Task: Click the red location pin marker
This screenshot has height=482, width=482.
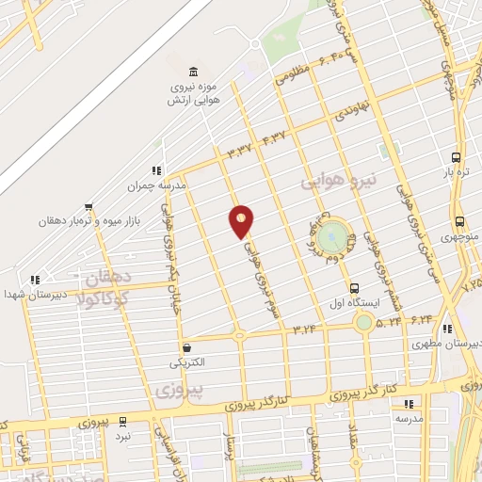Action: (x=241, y=222)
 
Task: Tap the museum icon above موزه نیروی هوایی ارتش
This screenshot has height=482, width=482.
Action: (x=194, y=72)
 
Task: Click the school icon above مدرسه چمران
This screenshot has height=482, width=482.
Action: (x=156, y=170)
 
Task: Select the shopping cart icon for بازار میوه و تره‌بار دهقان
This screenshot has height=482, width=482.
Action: (x=88, y=206)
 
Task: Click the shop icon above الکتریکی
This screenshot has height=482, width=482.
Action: (x=186, y=346)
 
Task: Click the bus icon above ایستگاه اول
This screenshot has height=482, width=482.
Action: (x=354, y=288)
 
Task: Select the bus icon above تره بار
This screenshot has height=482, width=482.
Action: (x=457, y=158)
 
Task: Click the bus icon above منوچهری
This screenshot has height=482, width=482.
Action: (x=458, y=222)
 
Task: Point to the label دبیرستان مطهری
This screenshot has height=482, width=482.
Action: (x=447, y=345)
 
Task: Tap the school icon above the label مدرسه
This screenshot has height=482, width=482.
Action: (x=410, y=402)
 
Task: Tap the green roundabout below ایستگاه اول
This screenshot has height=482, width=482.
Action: (x=363, y=322)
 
